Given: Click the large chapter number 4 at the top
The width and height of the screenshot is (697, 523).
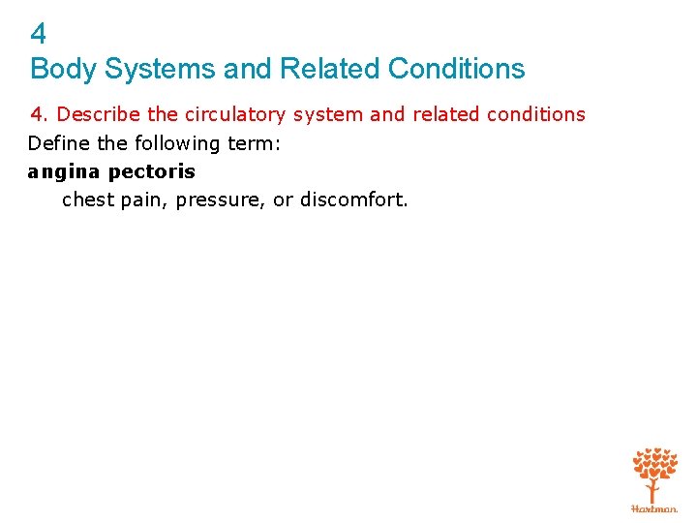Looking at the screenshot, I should (x=39, y=35).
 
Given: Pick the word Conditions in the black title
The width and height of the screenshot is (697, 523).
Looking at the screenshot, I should (x=456, y=70).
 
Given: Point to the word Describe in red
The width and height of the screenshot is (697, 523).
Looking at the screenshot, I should (x=101, y=114).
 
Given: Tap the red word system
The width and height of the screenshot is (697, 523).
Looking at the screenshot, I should (x=328, y=115).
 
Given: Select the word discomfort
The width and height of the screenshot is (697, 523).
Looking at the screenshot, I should (x=354, y=200).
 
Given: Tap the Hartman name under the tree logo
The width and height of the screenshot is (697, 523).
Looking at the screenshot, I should (x=654, y=508).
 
